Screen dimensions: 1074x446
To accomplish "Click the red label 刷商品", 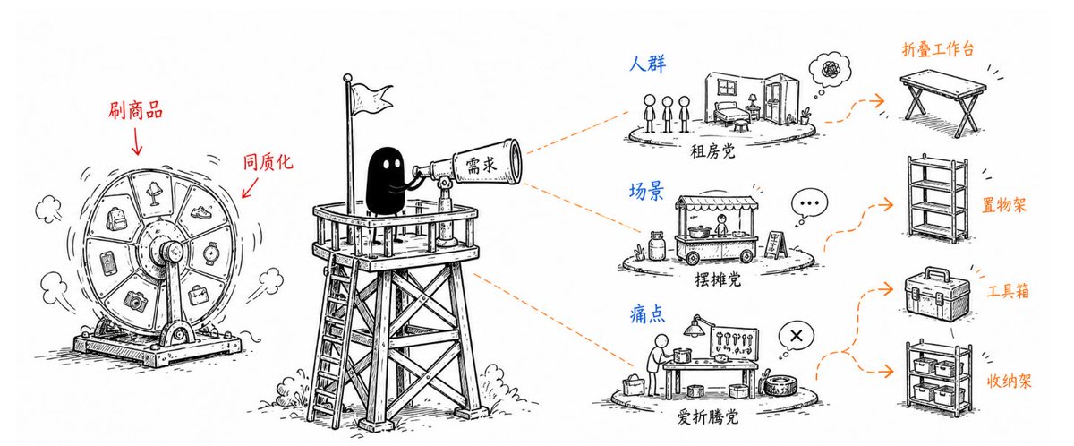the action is pyautogui.click(x=136, y=110).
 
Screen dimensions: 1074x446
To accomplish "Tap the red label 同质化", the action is pyautogui.click(x=268, y=162).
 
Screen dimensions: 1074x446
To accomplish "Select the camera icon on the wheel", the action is pyautogui.click(x=136, y=301).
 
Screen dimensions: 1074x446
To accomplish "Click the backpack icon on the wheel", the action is pyautogui.click(x=116, y=219).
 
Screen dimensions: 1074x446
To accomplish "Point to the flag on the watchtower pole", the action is pyautogui.click(x=371, y=99).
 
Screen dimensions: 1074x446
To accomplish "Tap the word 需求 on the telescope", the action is pyautogui.click(x=482, y=166).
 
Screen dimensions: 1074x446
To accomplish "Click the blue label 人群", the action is pyautogui.click(x=647, y=64).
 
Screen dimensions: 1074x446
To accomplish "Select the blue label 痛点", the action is pyautogui.click(x=647, y=314).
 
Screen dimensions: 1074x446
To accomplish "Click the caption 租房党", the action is pyautogui.click(x=712, y=152).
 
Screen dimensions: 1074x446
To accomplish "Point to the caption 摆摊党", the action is pyautogui.click(x=718, y=279).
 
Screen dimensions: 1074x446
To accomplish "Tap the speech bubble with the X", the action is pyautogui.click(x=797, y=336).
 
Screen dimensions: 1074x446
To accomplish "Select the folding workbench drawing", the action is pyautogui.click(x=942, y=100).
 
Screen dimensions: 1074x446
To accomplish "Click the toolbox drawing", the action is pyautogui.click(x=937, y=294).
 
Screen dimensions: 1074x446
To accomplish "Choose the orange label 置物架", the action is pyautogui.click(x=1004, y=205).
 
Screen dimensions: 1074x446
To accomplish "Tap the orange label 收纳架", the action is pyautogui.click(x=1010, y=382).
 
